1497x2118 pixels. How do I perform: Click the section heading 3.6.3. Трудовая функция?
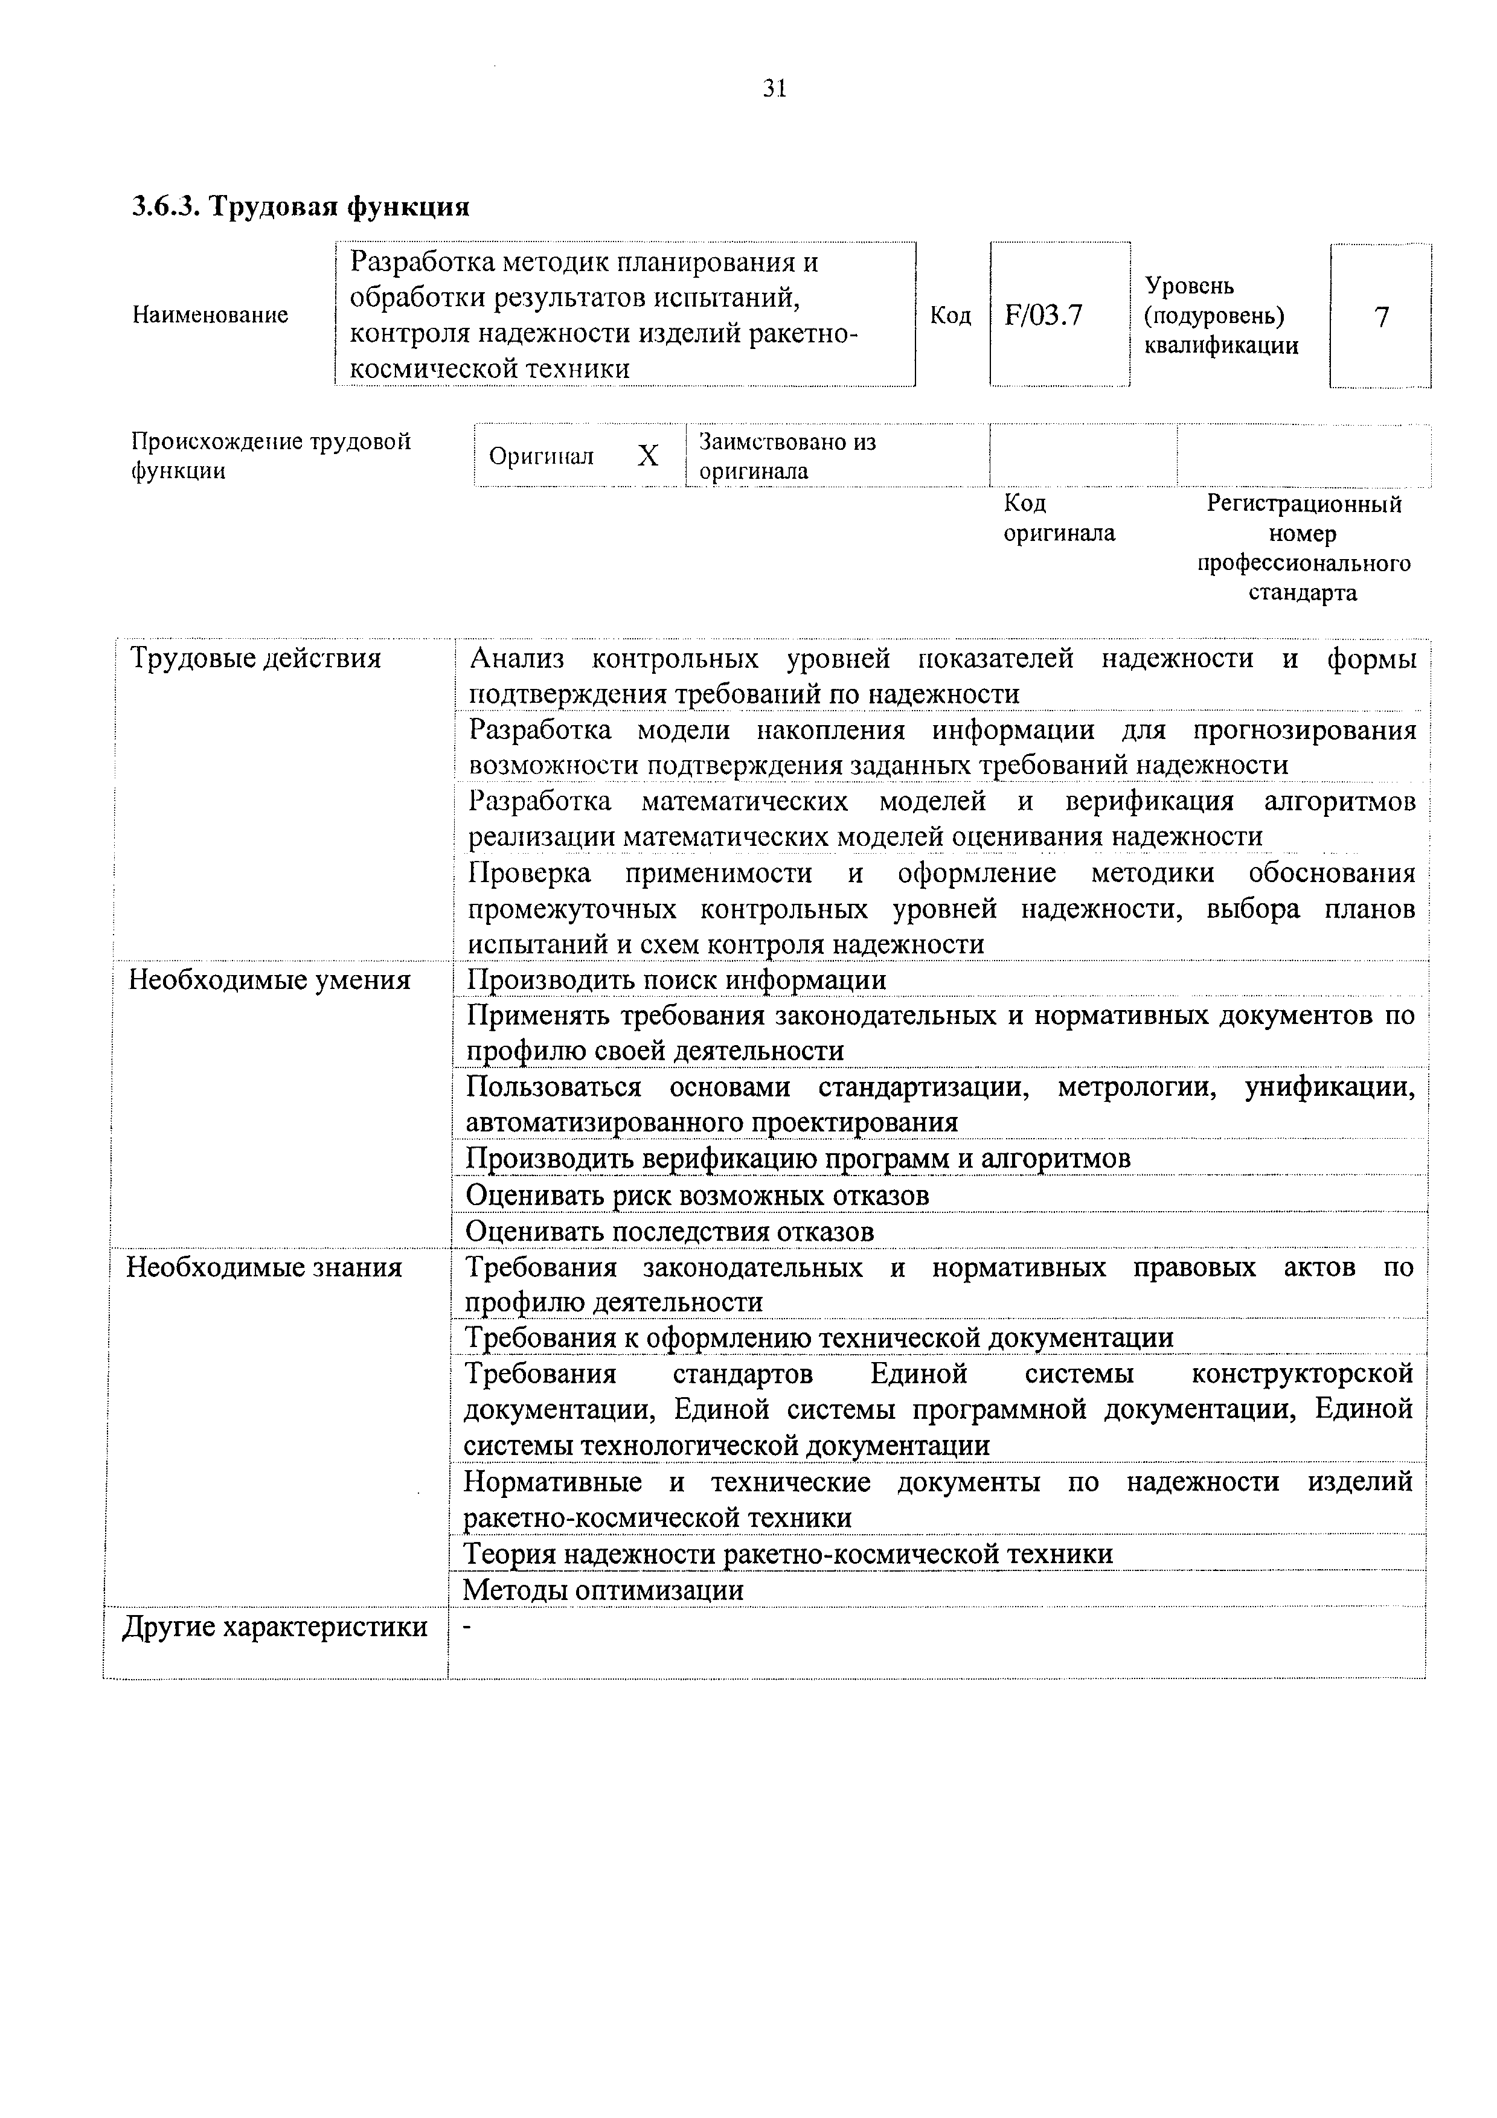tap(301, 206)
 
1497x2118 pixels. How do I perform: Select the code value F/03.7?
tap(1043, 316)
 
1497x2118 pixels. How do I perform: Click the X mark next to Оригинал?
tap(649, 456)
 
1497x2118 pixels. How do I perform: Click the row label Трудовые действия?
tap(255, 659)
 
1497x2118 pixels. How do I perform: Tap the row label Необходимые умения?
tap(269, 980)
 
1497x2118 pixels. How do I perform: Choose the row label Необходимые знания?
tap(264, 1267)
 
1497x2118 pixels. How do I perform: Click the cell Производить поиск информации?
tap(676, 980)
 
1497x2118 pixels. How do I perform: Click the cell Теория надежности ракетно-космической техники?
tap(787, 1554)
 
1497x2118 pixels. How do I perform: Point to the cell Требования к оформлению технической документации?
tap(818, 1337)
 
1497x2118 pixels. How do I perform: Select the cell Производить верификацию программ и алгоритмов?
tap(798, 1159)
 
